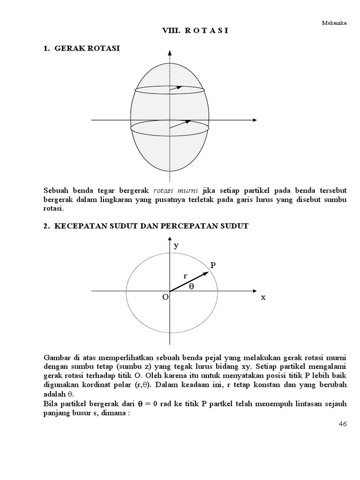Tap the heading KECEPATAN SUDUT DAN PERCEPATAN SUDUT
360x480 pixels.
(151, 226)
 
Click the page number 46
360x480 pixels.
(342, 424)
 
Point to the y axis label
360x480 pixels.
(176, 246)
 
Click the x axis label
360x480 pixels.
(263, 297)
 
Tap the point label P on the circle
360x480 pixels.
(213, 266)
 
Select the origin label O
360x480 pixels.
(165, 298)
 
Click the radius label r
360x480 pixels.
(186, 276)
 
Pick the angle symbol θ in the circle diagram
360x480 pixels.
(191, 287)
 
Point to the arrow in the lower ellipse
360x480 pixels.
(180, 124)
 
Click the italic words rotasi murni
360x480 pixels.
(175, 191)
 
